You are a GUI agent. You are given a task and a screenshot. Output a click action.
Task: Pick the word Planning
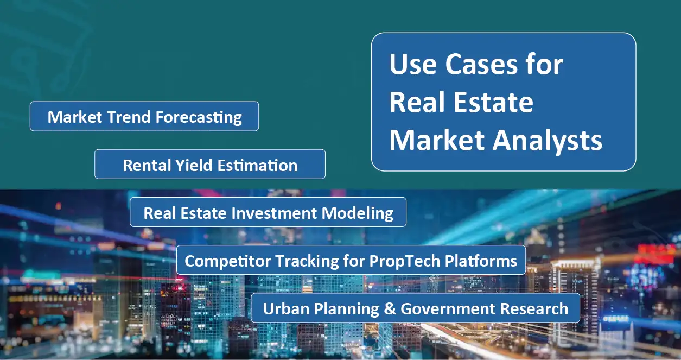tap(343, 309)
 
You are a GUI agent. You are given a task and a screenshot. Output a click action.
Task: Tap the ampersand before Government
tap(389, 309)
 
